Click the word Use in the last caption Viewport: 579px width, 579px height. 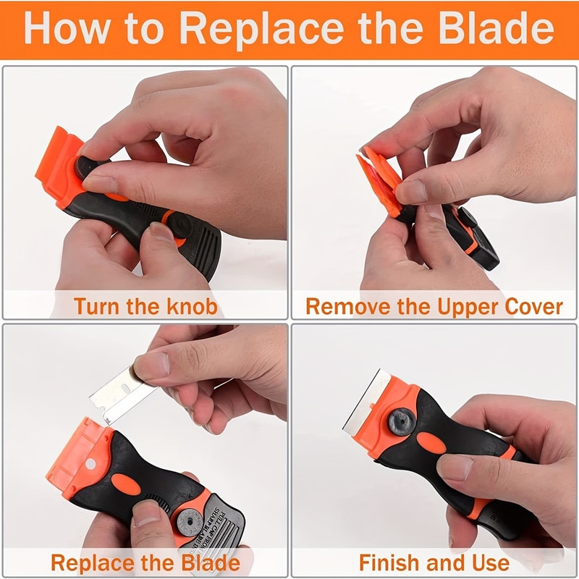pos(489,562)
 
